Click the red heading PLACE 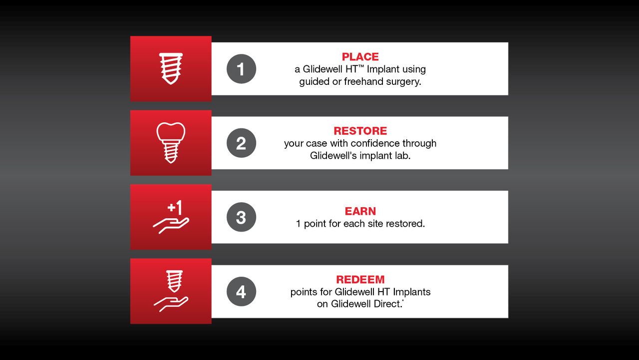coord(360,57)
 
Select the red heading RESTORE coord(360,131)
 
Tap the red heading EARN coord(360,211)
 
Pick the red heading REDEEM coord(360,280)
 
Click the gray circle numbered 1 coord(241,69)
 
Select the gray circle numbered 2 coord(241,143)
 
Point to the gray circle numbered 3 coord(241,217)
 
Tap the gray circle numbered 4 coord(241,292)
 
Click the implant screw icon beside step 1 coord(171,68)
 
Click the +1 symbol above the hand coord(175,207)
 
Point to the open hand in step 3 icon coord(170,225)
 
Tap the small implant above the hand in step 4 coord(174,281)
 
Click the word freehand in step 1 coord(362,81)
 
